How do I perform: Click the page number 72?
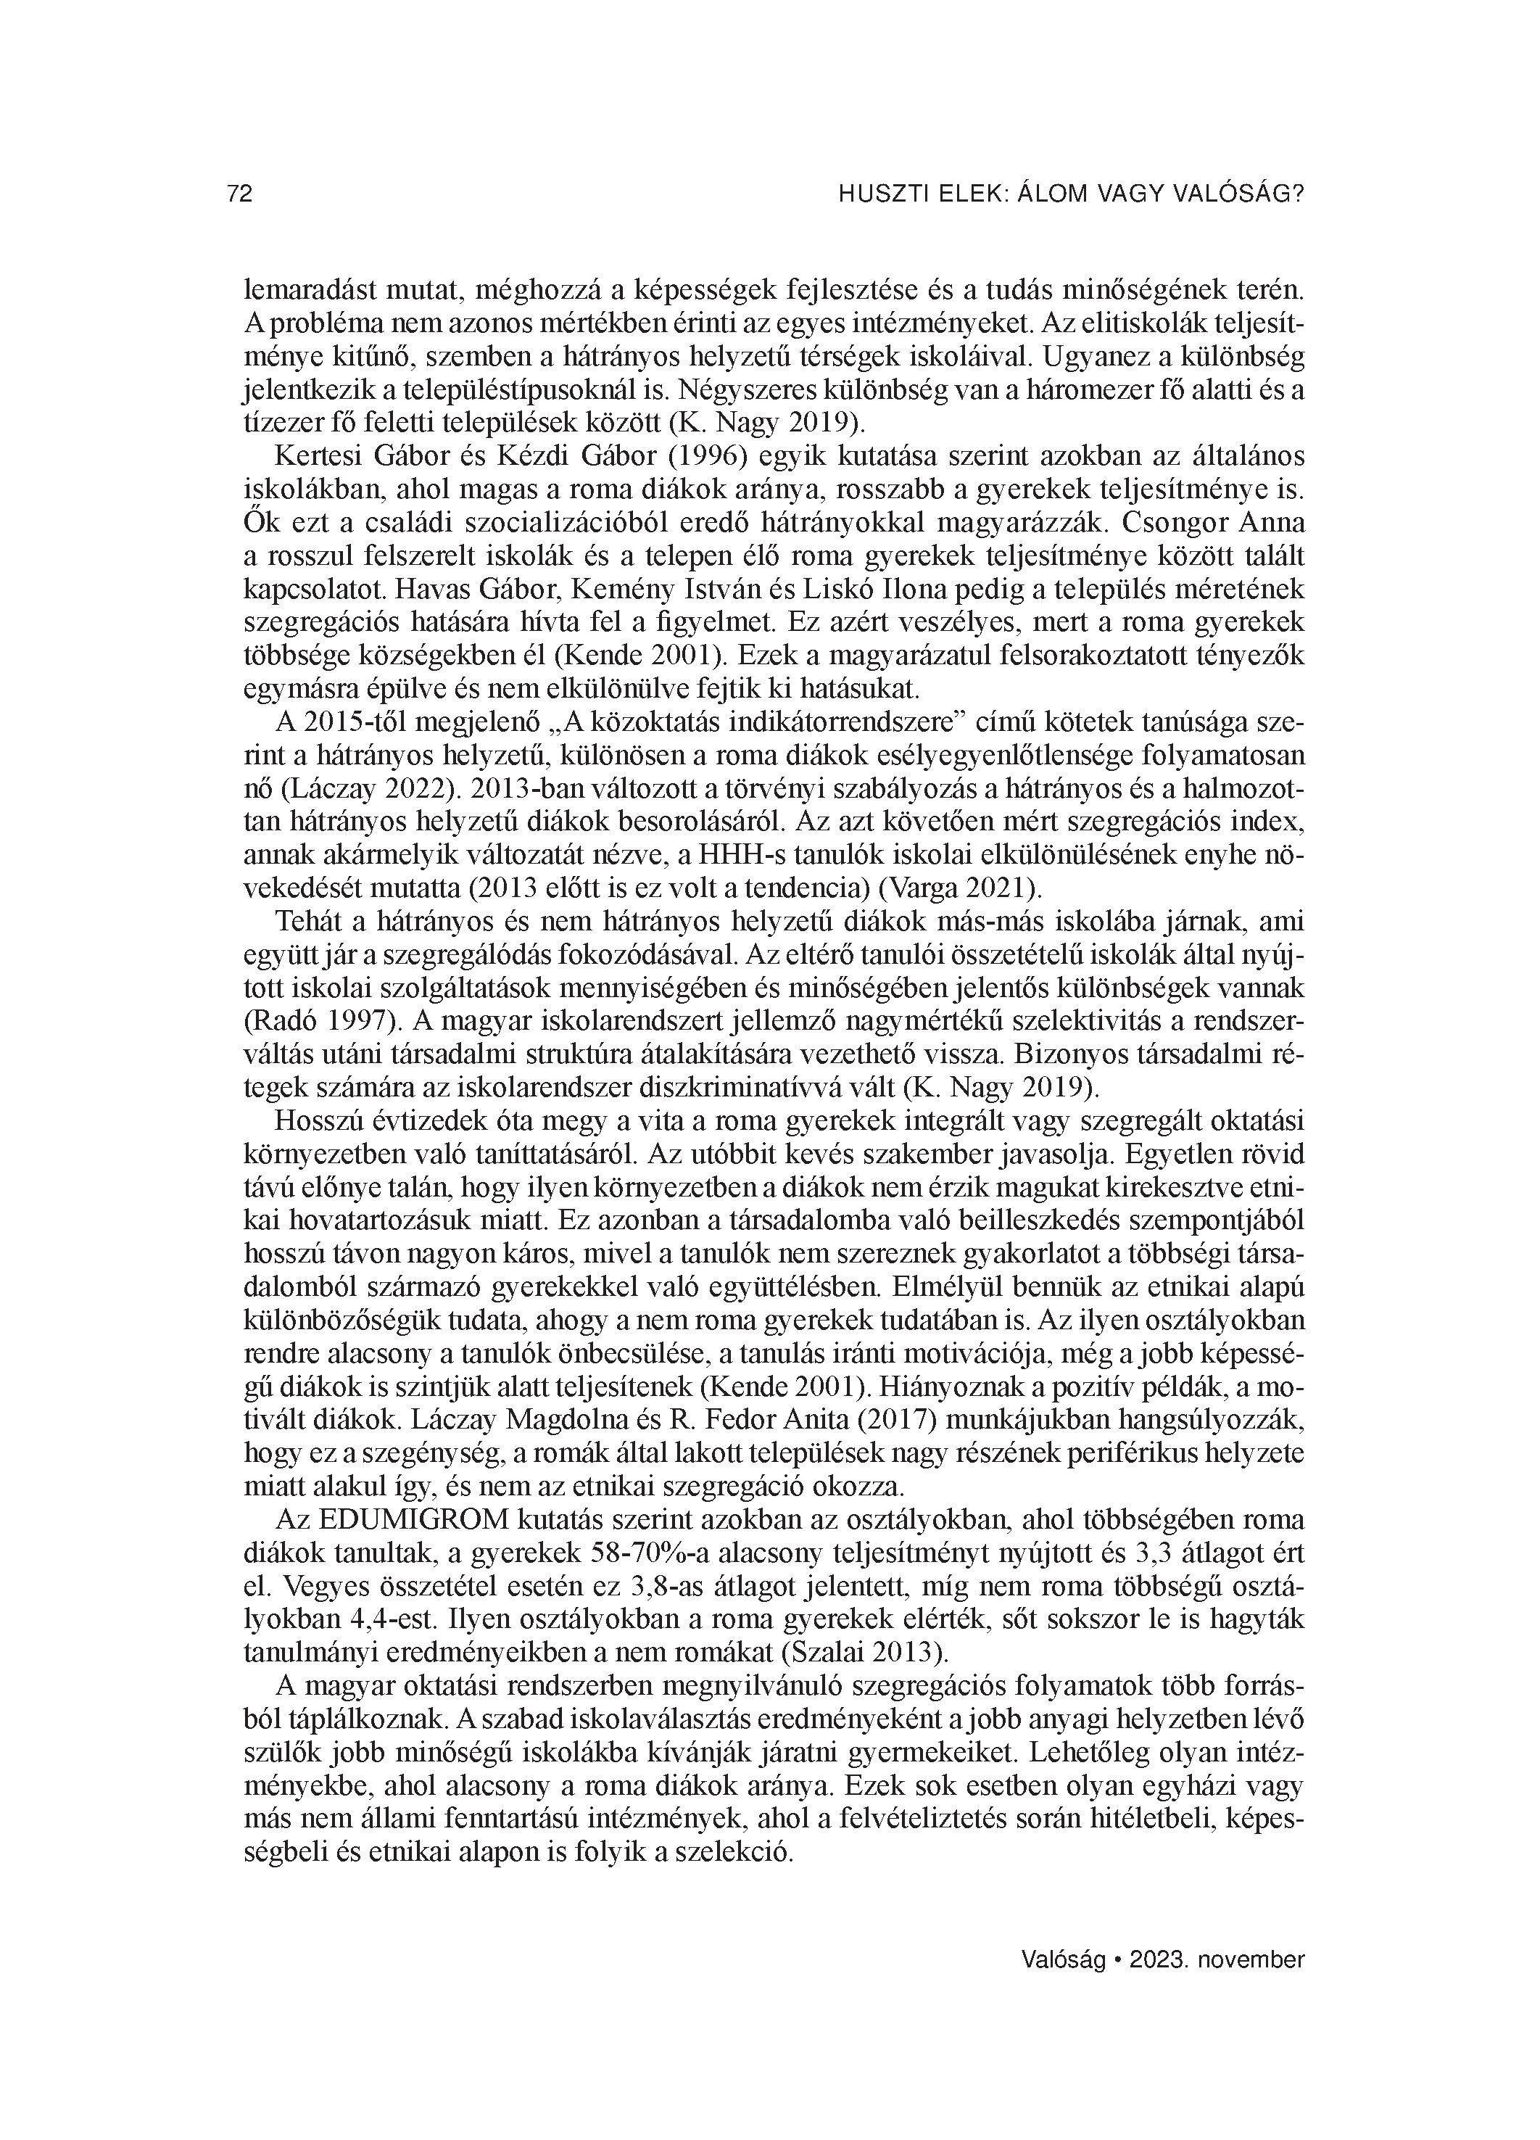[240, 194]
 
